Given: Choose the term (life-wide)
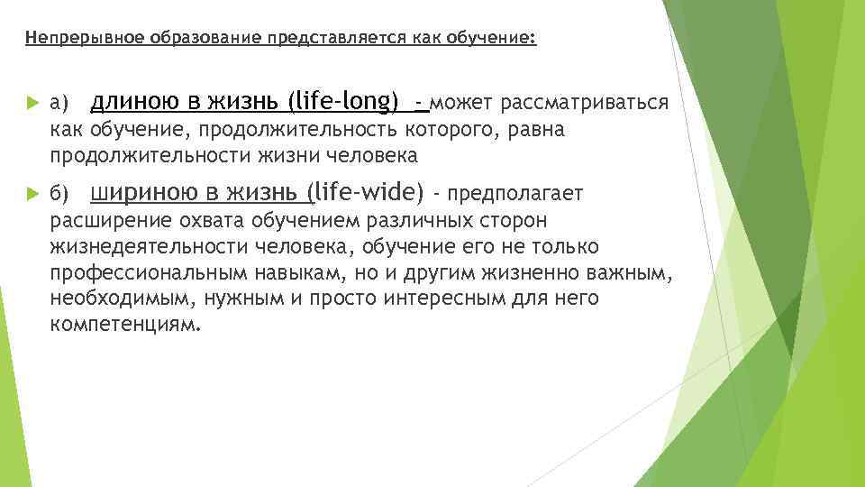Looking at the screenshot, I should (x=366, y=192).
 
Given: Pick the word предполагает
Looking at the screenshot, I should (x=515, y=194).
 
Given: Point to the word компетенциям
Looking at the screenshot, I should (x=123, y=324).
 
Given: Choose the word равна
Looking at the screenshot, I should (x=537, y=130).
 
